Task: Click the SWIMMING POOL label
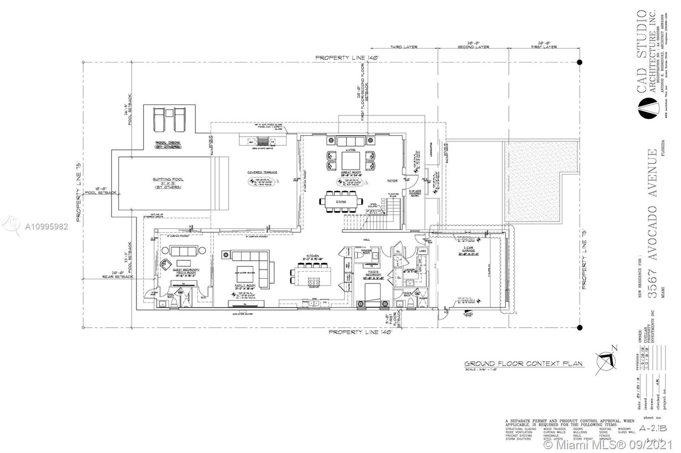click(168, 179)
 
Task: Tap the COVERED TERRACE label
click(262, 173)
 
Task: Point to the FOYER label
click(392, 181)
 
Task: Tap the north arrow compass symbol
click(607, 360)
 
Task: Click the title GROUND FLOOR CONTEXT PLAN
click(523, 364)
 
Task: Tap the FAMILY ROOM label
click(245, 286)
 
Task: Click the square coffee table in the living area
click(351, 161)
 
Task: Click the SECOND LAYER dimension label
click(473, 47)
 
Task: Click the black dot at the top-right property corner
click(579, 62)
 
